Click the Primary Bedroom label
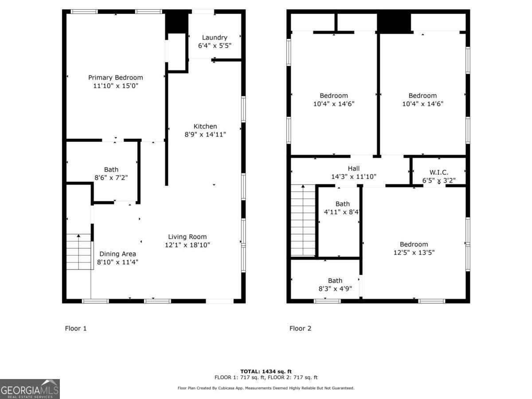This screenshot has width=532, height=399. [115, 78]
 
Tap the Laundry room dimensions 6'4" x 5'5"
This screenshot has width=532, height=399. [215, 46]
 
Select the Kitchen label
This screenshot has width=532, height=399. [205, 126]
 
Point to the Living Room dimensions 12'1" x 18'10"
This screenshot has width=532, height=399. [187, 245]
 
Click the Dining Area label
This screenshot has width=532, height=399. [117, 254]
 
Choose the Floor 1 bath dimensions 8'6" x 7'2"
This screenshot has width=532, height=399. [111, 177]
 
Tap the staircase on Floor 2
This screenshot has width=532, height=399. [303, 220]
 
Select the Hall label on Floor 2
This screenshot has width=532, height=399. [354, 168]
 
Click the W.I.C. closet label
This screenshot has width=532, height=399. [439, 172]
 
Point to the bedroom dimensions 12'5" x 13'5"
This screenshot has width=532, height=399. [414, 253]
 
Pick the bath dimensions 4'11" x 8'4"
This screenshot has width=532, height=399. [342, 212]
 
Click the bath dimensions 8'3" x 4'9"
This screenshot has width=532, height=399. [335, 289]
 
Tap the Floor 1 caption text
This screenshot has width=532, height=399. [76, 329]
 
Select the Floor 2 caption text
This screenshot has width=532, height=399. [300, 329]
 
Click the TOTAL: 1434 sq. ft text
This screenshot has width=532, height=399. [266, 372]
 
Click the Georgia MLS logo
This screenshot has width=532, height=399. [30, 389]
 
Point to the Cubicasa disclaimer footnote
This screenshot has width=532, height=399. [266, 388]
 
